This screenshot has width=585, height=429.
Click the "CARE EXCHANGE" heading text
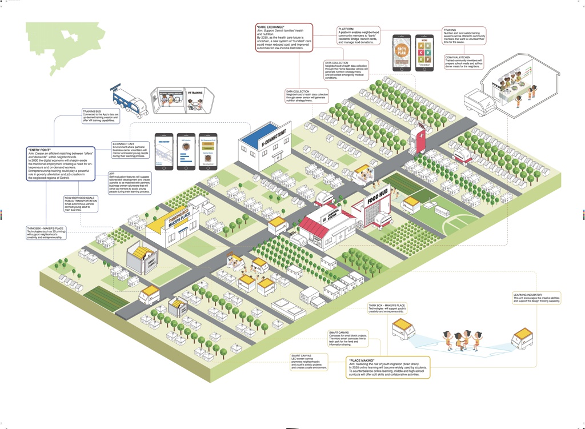coord(271,26)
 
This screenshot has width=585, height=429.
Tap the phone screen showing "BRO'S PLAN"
coord(402,53)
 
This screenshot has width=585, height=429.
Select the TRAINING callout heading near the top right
coord(451,30)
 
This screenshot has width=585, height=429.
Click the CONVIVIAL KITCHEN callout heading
coord(458,57)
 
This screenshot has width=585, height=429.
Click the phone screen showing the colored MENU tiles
coord(423,53)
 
